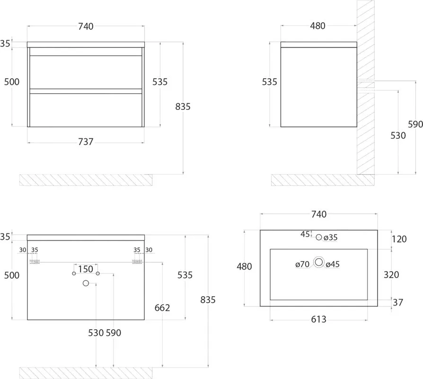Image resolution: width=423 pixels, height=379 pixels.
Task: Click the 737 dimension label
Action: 86,142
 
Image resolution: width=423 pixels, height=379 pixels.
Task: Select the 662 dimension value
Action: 162,307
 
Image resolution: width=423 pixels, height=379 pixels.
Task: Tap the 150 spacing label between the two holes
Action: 86,269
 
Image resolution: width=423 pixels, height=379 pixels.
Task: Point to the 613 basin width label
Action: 318,319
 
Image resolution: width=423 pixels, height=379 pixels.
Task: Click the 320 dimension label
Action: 391,275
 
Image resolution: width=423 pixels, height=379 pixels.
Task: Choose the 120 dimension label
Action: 399,239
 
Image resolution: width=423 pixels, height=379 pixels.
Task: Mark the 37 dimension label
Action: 397,303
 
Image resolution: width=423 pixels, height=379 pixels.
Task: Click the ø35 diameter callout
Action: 331,237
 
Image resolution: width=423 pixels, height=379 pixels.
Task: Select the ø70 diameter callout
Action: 302,264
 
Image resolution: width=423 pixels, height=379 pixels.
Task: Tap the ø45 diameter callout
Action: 333,264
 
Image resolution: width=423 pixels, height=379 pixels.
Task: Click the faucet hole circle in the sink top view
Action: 319,237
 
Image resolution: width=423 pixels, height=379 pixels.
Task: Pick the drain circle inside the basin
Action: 319,262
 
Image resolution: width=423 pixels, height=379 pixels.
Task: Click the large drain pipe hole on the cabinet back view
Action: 86,283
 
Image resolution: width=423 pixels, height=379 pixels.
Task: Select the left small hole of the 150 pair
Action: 74,274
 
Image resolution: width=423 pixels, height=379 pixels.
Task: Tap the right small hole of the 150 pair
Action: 97,274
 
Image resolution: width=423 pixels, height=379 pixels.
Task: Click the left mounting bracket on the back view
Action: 35,262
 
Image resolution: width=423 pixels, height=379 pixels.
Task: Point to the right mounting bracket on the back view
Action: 137,262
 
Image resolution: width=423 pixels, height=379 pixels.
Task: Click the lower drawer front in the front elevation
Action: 86,110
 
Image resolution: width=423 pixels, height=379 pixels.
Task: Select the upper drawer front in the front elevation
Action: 86,72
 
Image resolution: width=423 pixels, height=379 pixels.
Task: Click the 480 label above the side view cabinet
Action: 317,26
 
